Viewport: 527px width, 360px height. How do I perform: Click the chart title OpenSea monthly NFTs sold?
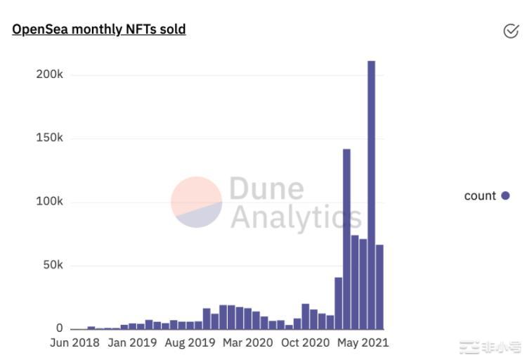[x=99, y=30]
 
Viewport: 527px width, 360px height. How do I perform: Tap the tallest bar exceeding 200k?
[x=371, y=197]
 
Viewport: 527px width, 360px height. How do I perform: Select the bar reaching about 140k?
[x=346, y=239]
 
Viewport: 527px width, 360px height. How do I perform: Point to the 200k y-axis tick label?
[x=49, y=74]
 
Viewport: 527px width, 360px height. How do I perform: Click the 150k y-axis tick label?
[x=49, y=138]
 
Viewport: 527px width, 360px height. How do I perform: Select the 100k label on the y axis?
[x=49, y=202]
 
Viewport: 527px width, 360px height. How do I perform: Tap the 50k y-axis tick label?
[x=52, y=265]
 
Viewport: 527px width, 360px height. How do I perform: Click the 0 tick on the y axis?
[x=59, y=328]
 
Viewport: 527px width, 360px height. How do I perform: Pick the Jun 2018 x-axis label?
[x=74, y=343]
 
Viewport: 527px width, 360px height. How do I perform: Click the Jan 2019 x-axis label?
[x=132, y=343]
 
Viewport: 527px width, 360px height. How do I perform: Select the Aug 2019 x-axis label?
[x=190, y=343]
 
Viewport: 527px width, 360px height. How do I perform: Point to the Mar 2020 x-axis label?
[x=248, y=343]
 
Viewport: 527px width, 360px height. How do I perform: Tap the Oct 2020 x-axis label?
[x=306, y=343]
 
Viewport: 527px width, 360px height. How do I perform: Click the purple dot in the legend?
[x=505, y=196]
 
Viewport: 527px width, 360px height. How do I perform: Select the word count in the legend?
[x=480, y=196]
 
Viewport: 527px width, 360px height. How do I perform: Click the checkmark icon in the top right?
[x=511, y=31]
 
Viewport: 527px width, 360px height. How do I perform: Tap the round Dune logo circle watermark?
[x=197, y=202]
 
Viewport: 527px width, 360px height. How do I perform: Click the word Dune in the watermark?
[x=267, y=188]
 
